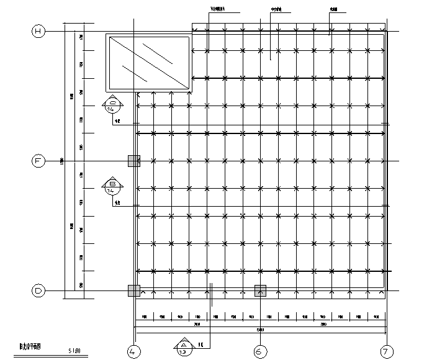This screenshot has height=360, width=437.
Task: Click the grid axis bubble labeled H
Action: (38, 32)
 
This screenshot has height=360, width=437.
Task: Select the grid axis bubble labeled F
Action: (38, 161)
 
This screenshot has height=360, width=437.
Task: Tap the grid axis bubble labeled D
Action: (38, 290)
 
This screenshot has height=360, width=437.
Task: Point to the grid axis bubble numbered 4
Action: (134, 351)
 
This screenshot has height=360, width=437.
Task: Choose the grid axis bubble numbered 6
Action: (260, 351)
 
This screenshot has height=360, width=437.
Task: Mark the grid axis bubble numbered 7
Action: (387, 351)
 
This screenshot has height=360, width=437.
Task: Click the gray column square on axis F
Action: (134, 161)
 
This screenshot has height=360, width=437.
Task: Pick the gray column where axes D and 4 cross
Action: (134, 290)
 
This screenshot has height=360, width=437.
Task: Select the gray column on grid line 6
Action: (260, 290)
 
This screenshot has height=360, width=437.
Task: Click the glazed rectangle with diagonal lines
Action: (149, 63)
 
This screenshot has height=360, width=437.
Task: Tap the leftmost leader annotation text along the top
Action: (217, 9)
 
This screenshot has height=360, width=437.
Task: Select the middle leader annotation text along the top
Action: (276, 9)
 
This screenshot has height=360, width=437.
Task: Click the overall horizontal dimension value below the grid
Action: (260, 330)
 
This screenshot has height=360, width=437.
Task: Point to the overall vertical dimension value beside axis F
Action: (61, 161)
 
